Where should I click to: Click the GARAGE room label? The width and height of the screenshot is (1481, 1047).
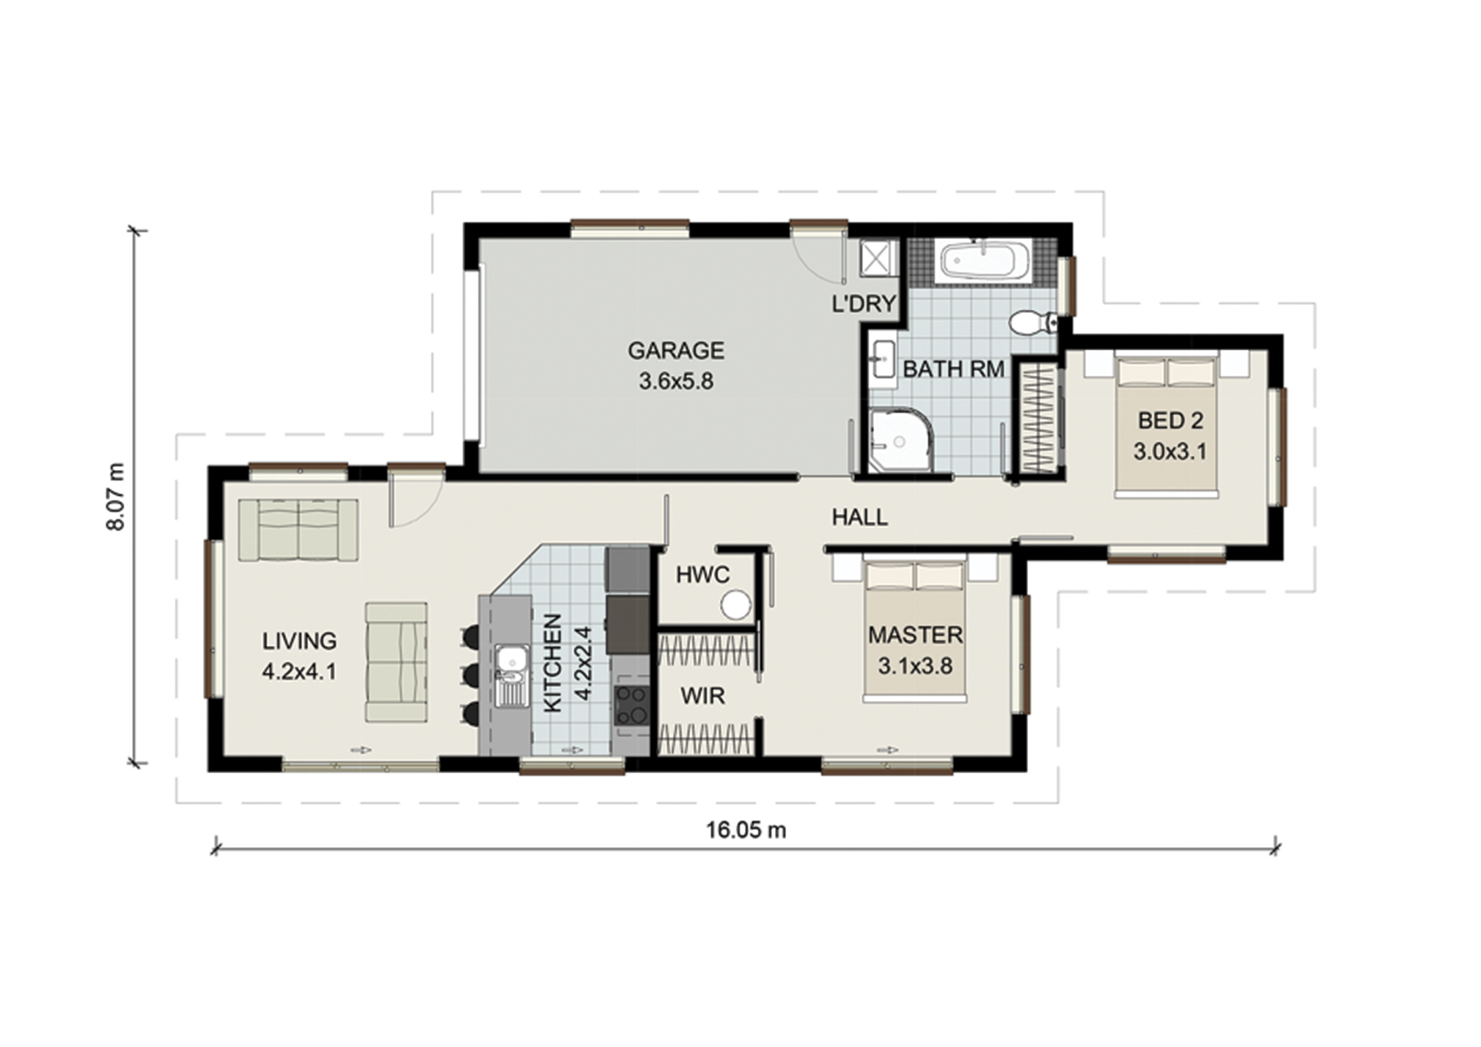coord(676,350)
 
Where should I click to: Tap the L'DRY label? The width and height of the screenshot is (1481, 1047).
coord(865,303)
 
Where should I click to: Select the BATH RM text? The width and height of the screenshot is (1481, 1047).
coord(953,369)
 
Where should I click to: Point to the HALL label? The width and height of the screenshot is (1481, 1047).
coord(859,517)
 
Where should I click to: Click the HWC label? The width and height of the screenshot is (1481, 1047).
coord(702,575)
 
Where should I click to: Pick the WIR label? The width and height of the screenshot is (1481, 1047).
coord(702,696)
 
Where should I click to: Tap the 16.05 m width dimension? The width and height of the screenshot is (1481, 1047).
coord(746,830)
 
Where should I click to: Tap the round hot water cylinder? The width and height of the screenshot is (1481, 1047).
coord(736,606)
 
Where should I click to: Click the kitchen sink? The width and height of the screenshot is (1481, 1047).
coord(512,676)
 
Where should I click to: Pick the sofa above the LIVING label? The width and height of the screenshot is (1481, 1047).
coord(298,529)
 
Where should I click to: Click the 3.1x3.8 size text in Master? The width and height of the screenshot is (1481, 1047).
coord(915,666)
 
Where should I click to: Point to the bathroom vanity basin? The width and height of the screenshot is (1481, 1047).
coord(882,358)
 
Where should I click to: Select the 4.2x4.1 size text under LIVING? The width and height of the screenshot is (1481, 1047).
coord(299,672)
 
